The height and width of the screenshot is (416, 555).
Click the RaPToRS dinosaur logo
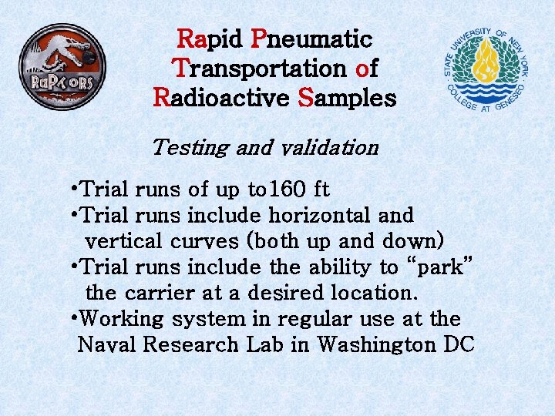coord(63,67)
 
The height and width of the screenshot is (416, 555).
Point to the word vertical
coord(123,241)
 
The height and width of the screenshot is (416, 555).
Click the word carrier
coord(163,294)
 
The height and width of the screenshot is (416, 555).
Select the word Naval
coord(107,345)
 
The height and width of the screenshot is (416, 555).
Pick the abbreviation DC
coord(460,345)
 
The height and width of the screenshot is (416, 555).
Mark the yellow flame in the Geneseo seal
coord(486,60)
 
